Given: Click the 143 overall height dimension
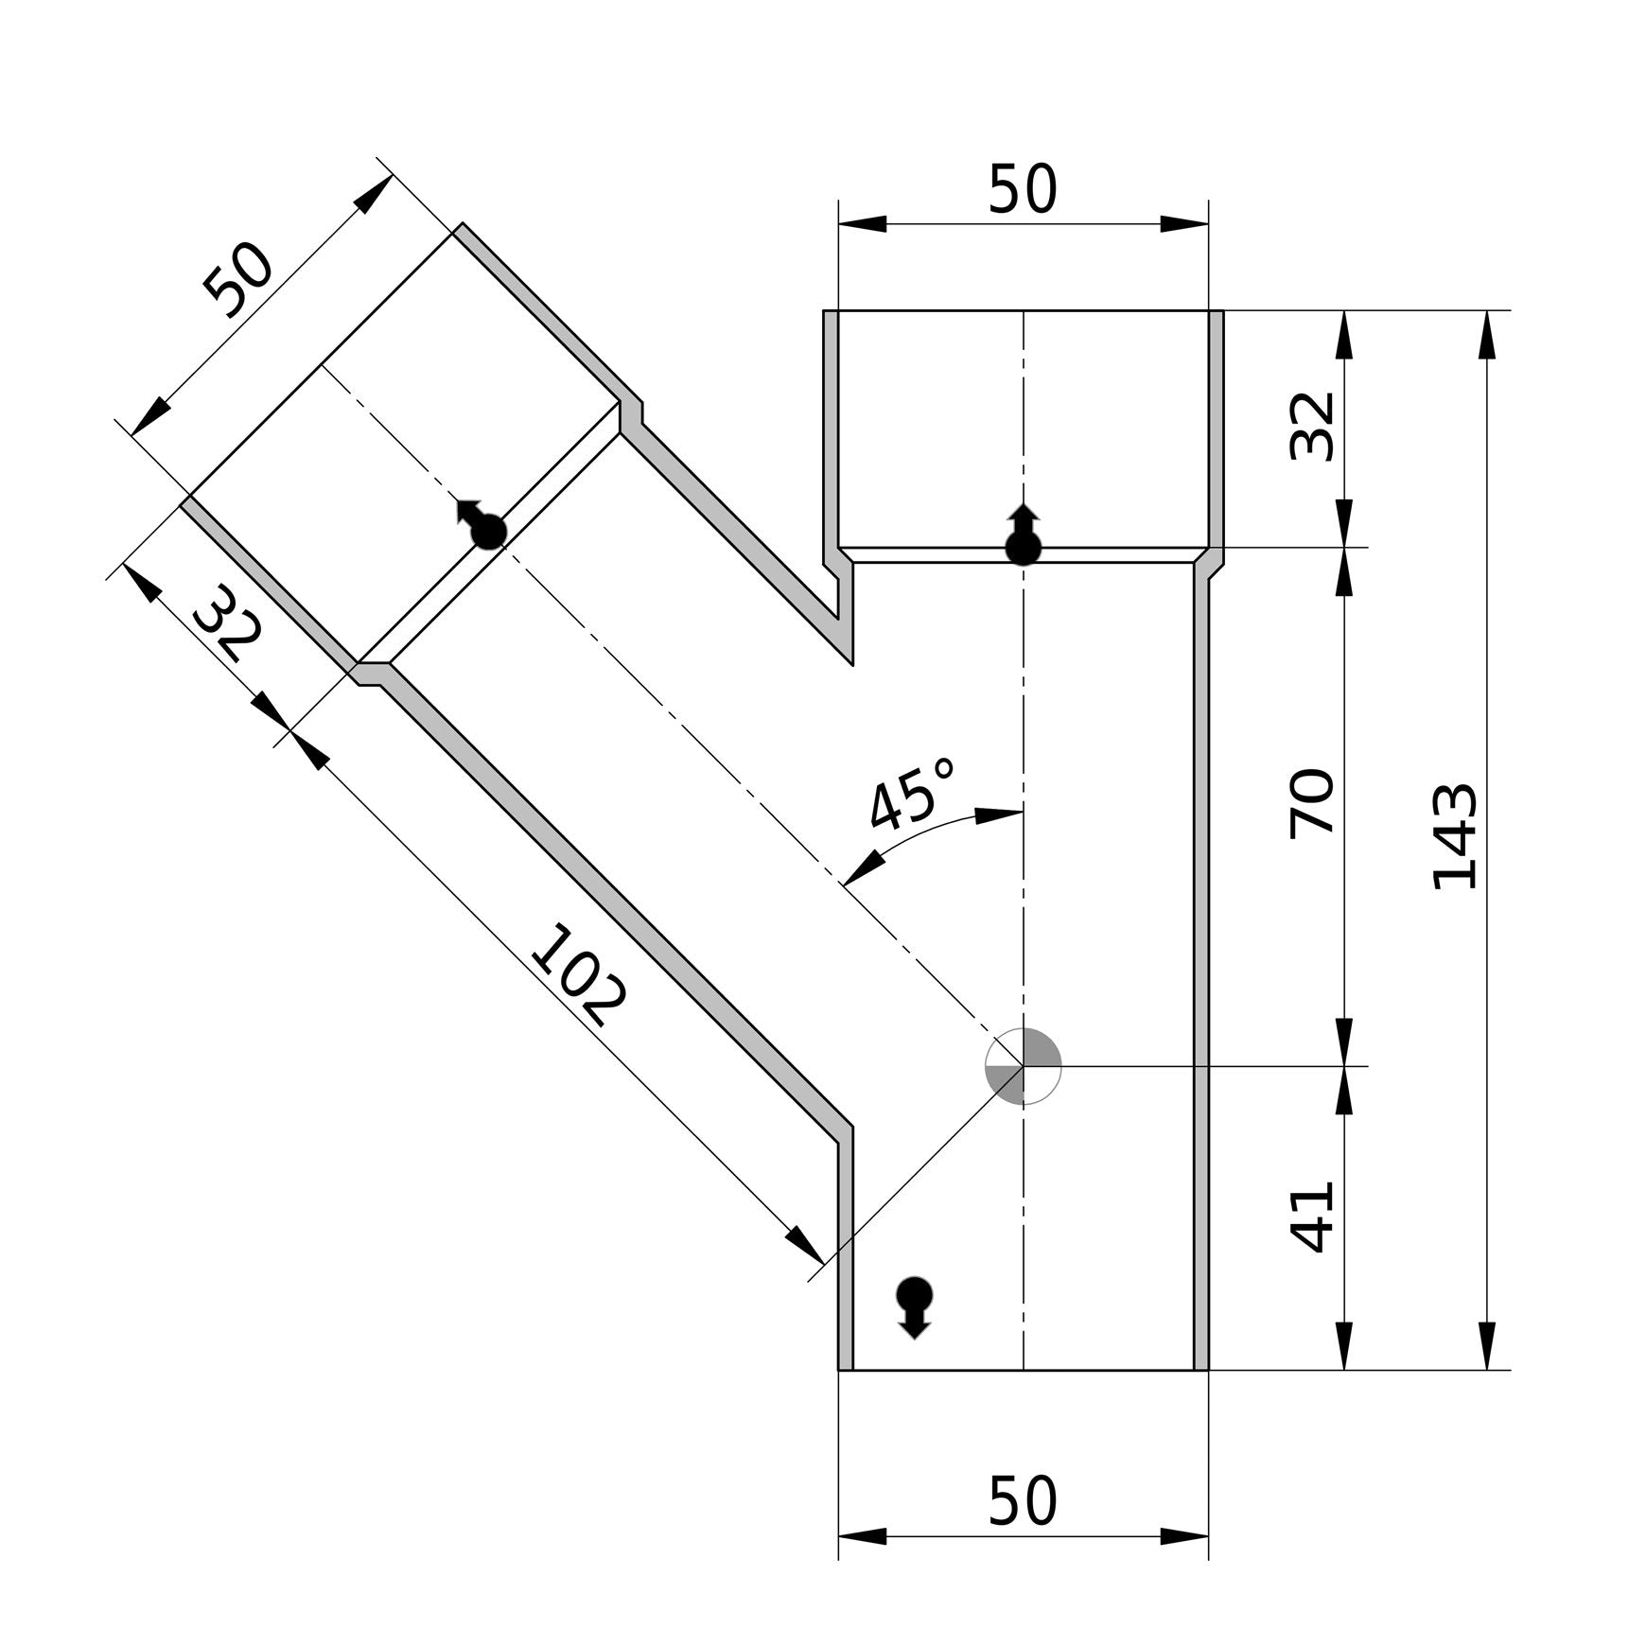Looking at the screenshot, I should [x=1455, y=836].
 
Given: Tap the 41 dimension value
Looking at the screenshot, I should [x=1313, y=1217].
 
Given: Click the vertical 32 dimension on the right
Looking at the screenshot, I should [x=1313, y=426].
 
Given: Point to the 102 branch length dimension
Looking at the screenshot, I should [x=577, y=974].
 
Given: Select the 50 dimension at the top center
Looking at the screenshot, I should [x=1022, y=189].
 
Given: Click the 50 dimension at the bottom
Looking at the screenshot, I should [x=1022, y=1501].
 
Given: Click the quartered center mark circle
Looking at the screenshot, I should [x=1024, y=1066].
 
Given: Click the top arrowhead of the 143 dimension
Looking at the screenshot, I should [x=1487, y=333].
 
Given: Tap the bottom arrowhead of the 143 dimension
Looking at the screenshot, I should [x=1487, y=1346].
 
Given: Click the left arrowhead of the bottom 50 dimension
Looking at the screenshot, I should [x=862, y=1536].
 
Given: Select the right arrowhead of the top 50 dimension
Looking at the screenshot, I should [x=1185, y=224].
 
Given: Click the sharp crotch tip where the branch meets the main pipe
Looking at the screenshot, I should [x=852, y=663].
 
